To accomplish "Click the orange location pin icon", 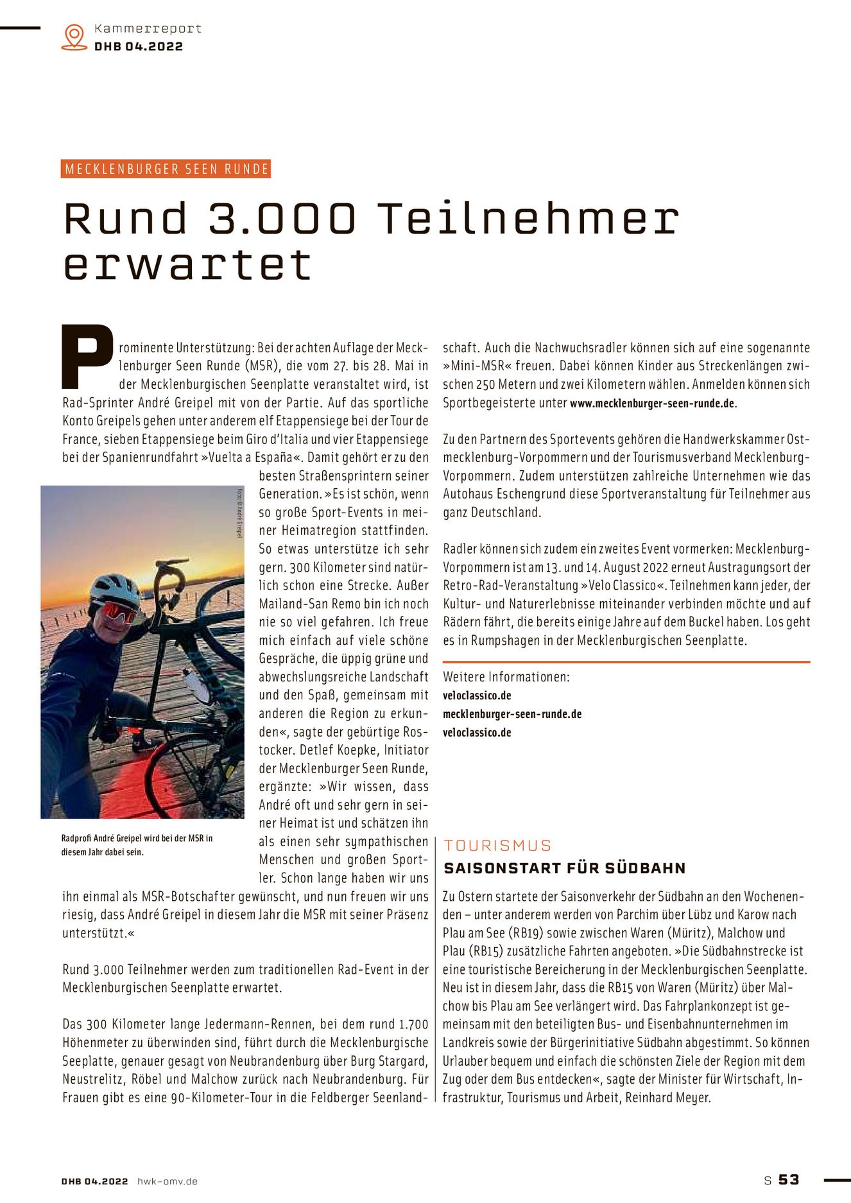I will click(74, 37).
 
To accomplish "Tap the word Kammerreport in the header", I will click(148, 29).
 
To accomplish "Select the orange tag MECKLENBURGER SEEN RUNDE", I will click(166, 169).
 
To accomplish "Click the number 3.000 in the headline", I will click(282, 218).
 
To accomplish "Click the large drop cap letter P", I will click(87, 357).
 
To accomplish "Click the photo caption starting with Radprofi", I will click(137, 845).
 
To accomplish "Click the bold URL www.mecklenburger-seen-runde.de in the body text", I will click(652, 404).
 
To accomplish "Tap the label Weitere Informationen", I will click(506, 677).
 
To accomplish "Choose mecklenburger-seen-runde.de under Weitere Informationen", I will click(512, 714).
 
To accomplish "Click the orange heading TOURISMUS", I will click(497, 846).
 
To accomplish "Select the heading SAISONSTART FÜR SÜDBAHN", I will click(565, 868).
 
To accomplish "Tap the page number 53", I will click(789, 1180).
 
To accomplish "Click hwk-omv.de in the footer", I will click(168, 1181).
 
